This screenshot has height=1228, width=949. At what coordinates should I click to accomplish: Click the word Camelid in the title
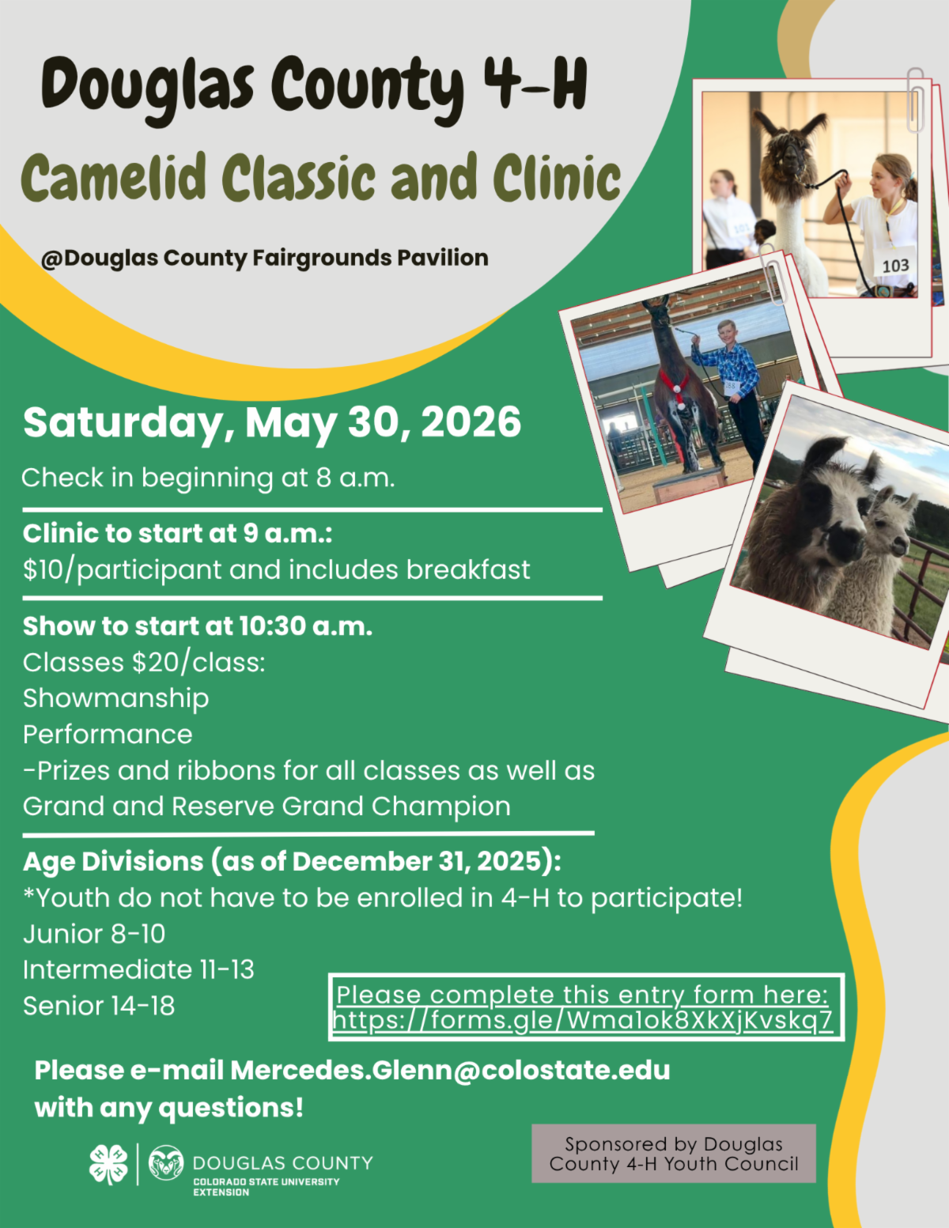click(x=113, y=177)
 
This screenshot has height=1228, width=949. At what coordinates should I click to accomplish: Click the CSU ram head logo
click(x=166, y=1162)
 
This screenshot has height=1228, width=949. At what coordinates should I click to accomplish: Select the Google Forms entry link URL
click(x=583, y=1021)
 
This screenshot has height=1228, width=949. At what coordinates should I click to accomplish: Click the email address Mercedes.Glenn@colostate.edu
click(x=450, y=1071)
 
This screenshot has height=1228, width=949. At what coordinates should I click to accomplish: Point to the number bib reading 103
click(x=895, y=265)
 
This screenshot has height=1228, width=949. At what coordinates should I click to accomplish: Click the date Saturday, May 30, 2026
click(x=272, y=422)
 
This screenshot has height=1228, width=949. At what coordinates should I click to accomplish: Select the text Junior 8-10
click(x=94, y=934)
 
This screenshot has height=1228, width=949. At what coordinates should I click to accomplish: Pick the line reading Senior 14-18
click(x=99, y=1006)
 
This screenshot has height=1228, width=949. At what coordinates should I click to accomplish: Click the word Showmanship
click(x=116, y=699)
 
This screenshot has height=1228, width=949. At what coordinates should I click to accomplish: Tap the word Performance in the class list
click(x=108, y=735)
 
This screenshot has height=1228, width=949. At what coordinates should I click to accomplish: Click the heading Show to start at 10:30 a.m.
click(x=197, y=626)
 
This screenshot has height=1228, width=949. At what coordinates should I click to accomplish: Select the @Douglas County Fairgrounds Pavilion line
click(x=264, y=258)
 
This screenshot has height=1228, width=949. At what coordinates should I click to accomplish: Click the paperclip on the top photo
click(x=916, y=100)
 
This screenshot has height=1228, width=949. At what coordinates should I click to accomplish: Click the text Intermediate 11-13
click(x=138, y=970)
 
